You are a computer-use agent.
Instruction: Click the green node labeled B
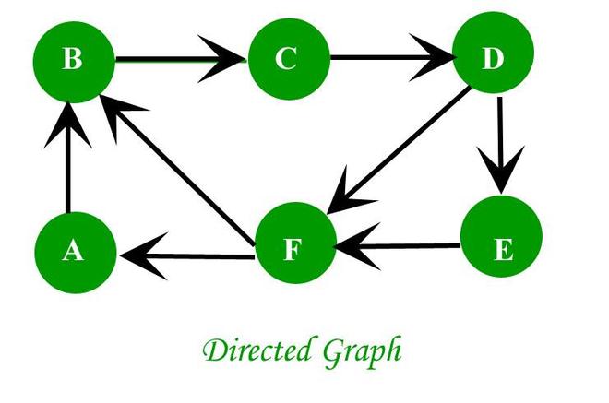(74, 62)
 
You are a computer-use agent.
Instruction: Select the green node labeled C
(289, 59)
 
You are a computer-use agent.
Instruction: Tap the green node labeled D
(494, 53)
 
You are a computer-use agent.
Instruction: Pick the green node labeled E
(501, 236)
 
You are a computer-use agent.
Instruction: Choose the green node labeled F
(295, 243)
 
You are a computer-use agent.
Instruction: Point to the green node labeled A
(76, 253)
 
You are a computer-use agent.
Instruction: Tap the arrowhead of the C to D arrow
(432, 58)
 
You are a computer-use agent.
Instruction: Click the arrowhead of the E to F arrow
(357, 246)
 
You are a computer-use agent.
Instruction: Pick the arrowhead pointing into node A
(144, 255)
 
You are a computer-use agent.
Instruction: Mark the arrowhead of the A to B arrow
(68, 124)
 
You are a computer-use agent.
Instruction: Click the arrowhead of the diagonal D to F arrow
(347, 193)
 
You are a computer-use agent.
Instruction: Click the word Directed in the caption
(257, 350)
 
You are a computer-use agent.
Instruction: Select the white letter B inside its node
(72, 59)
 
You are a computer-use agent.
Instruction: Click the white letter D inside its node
(493, 58)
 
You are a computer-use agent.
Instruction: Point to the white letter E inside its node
(504, 250)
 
